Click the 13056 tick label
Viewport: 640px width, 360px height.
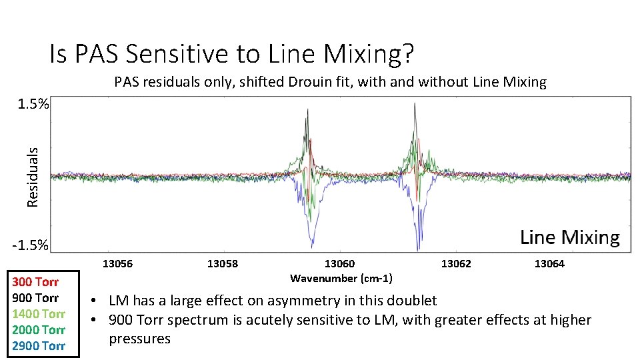coord(117,264)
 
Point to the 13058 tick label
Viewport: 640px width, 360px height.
coord(223,264)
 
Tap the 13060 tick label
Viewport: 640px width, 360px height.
coord(340,264)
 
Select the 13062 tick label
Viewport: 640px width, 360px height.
coord(456,264)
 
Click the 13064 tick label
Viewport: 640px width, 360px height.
coord(549,264)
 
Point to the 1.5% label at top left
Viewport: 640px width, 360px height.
coord(31,105)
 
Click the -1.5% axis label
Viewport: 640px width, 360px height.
coord(30,245)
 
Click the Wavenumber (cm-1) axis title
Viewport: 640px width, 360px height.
coord(341,278)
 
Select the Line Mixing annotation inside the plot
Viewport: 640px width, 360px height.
coord(569,237)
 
